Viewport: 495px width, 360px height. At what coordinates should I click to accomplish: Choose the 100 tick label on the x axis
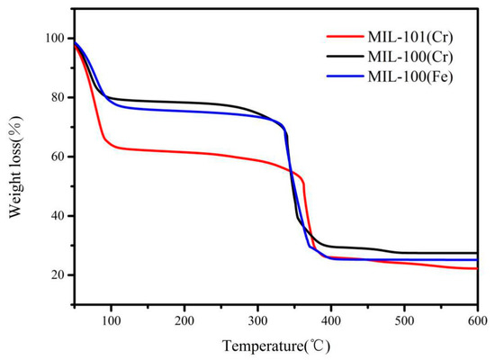(x=111, y=320)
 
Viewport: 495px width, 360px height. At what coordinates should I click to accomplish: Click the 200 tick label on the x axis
(x=184, y=320)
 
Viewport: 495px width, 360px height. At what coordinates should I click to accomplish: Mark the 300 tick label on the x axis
(x=257, y=320)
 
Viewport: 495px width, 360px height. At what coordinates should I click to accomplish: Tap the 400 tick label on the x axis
(x=331, y=320)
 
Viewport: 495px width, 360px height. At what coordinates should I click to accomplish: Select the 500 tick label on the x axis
(x=404, y=320)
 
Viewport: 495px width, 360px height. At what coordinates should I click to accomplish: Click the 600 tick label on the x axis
(x=477, y=320)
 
